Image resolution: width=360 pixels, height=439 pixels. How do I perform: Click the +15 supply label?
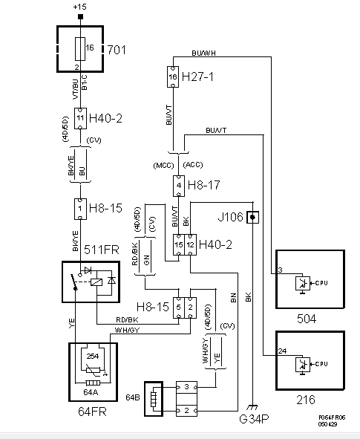coord(79,7)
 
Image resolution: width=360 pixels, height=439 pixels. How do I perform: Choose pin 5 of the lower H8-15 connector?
coord(178,306)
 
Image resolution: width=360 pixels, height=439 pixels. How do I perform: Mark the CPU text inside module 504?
coord(321,283)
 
